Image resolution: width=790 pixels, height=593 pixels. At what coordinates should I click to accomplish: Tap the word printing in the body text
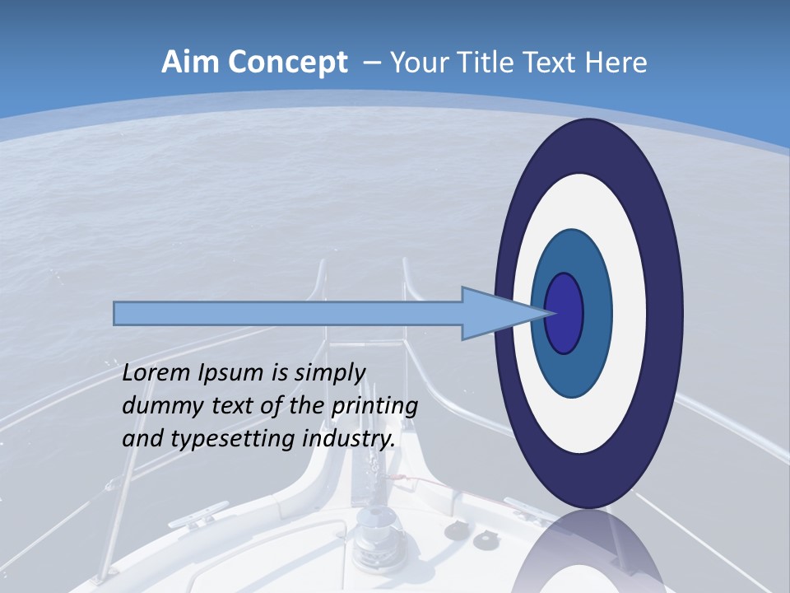[x=374, y=407]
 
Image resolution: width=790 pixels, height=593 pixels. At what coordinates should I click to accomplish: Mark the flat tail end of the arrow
[x=116, y=313]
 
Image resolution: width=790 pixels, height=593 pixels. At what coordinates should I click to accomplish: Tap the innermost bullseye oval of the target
[x=564, y=313]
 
